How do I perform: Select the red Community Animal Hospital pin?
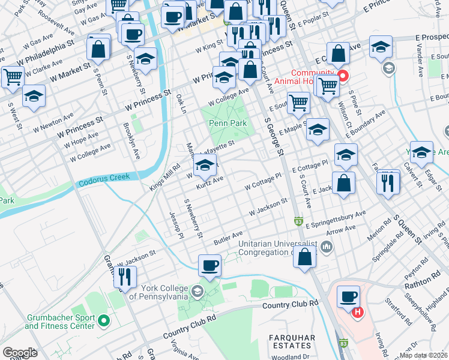(x=343, y=76)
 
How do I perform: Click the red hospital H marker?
(x=358, y=312)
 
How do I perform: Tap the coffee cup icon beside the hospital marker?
(x=349, y=296)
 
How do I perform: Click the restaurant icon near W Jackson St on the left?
(x=125, y=275)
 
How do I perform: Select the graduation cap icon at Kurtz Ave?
(x=205, y=164)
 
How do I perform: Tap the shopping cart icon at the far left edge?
(x=12, y=76)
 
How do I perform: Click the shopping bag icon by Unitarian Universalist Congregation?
(x=306, y=256)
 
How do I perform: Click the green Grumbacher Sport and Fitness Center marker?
(x=103, y=322)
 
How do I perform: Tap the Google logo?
(x=20, y=353)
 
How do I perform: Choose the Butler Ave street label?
(x=228, y=238)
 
